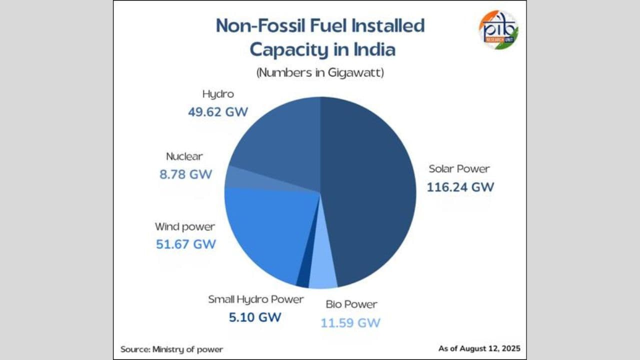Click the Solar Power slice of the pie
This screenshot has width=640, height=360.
tap(370, 190)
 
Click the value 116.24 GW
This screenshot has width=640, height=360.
tap(460, 187)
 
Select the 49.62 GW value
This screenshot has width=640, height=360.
tap(218, 111)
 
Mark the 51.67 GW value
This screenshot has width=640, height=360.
tap(185, 244)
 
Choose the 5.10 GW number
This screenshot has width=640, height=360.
tap(255, 317)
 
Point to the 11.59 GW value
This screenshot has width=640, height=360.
tap(350, 322)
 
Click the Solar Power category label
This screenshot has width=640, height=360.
tap(459, 168)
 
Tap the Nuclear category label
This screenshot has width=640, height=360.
tap(184, 156)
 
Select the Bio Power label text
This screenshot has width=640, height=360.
tap(351, 304)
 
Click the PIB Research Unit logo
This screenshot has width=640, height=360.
tap(498, 29)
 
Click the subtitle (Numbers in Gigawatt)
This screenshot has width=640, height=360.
tap(320, 73)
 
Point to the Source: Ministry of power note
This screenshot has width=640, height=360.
tap(171, 349)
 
